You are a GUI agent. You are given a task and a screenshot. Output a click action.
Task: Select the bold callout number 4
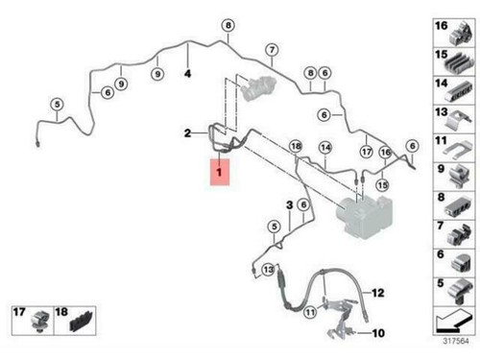[x=188, y=74]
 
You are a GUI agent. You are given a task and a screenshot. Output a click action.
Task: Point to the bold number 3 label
[x=288, y=205]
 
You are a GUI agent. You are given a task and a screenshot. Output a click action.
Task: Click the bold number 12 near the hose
[x=377, y=292]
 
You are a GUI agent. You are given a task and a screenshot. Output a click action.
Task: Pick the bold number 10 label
[x=377, y=333]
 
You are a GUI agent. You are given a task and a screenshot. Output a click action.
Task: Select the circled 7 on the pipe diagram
[x=273, y=50]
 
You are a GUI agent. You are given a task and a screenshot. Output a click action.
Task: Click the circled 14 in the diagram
[x=325, y=147]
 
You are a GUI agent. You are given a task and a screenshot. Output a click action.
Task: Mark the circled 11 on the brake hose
[x=310, y=311]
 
